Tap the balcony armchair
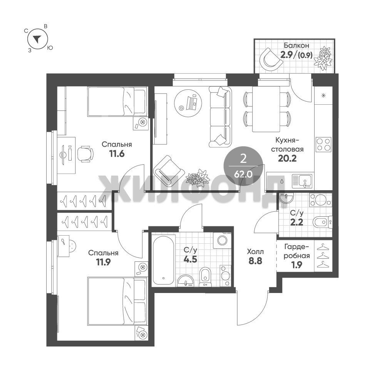tap(271, 59)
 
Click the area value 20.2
tap(287, 159)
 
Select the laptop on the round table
tap(191, 103)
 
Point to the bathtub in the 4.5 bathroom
tap(164, 260)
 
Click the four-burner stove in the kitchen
tap(324, 144)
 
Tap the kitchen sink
tap(302, 181)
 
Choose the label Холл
tap(255, 252)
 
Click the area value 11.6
tap(117, 154)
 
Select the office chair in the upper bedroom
tap(85, 154)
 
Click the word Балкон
tap(296, 45)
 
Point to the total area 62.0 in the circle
tap(243, 174)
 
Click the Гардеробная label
tap(296, 251)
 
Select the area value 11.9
tap(103, 262)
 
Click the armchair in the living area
tap(169, 171)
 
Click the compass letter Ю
tap(50, 48)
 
